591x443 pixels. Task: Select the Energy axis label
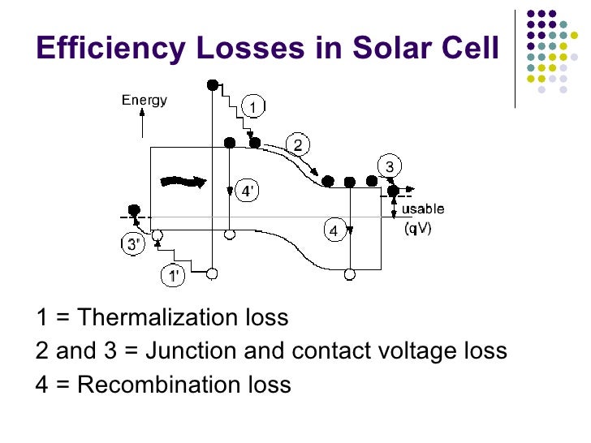click(145, 101)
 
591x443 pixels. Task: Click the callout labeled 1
click(253, 107)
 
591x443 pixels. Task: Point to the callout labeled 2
click(297, 146)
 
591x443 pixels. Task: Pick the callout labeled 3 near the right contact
click(390, 167)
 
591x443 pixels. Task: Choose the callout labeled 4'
click(248, 191)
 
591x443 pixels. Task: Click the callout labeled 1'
click(174, 276)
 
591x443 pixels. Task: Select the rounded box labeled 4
click(333, 231)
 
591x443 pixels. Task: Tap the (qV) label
click(418, 228)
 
